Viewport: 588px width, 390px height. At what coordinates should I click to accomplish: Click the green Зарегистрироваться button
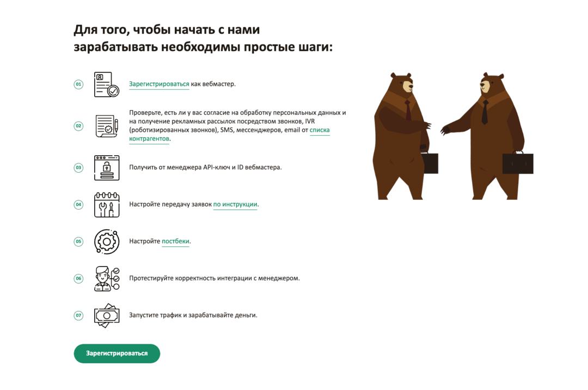point(117,354)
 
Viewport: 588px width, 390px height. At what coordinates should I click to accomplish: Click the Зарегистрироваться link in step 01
point(159,84)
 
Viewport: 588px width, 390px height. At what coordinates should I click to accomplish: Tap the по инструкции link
point(235,204)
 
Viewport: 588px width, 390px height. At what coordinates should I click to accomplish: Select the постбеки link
point(175,241)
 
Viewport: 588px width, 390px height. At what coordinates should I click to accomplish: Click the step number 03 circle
point(78,168)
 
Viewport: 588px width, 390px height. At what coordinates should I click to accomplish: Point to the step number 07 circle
point(78,315)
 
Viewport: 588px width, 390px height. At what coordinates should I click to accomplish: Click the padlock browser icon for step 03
point(107,168)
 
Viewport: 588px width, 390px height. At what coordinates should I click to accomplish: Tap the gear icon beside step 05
point(107,241)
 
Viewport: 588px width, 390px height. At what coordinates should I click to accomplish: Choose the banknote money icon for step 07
point(107,315)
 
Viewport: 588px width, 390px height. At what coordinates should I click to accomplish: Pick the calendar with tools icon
point(107,205)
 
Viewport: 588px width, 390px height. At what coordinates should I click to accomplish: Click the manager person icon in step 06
point(107,279)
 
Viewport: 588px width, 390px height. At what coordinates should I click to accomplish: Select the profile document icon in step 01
point(107,84)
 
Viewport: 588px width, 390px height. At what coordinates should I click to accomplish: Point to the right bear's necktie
point(485,112)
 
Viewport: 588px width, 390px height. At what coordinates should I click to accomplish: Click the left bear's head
point(402,83)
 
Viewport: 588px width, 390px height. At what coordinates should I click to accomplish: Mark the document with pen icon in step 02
point(107,126)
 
